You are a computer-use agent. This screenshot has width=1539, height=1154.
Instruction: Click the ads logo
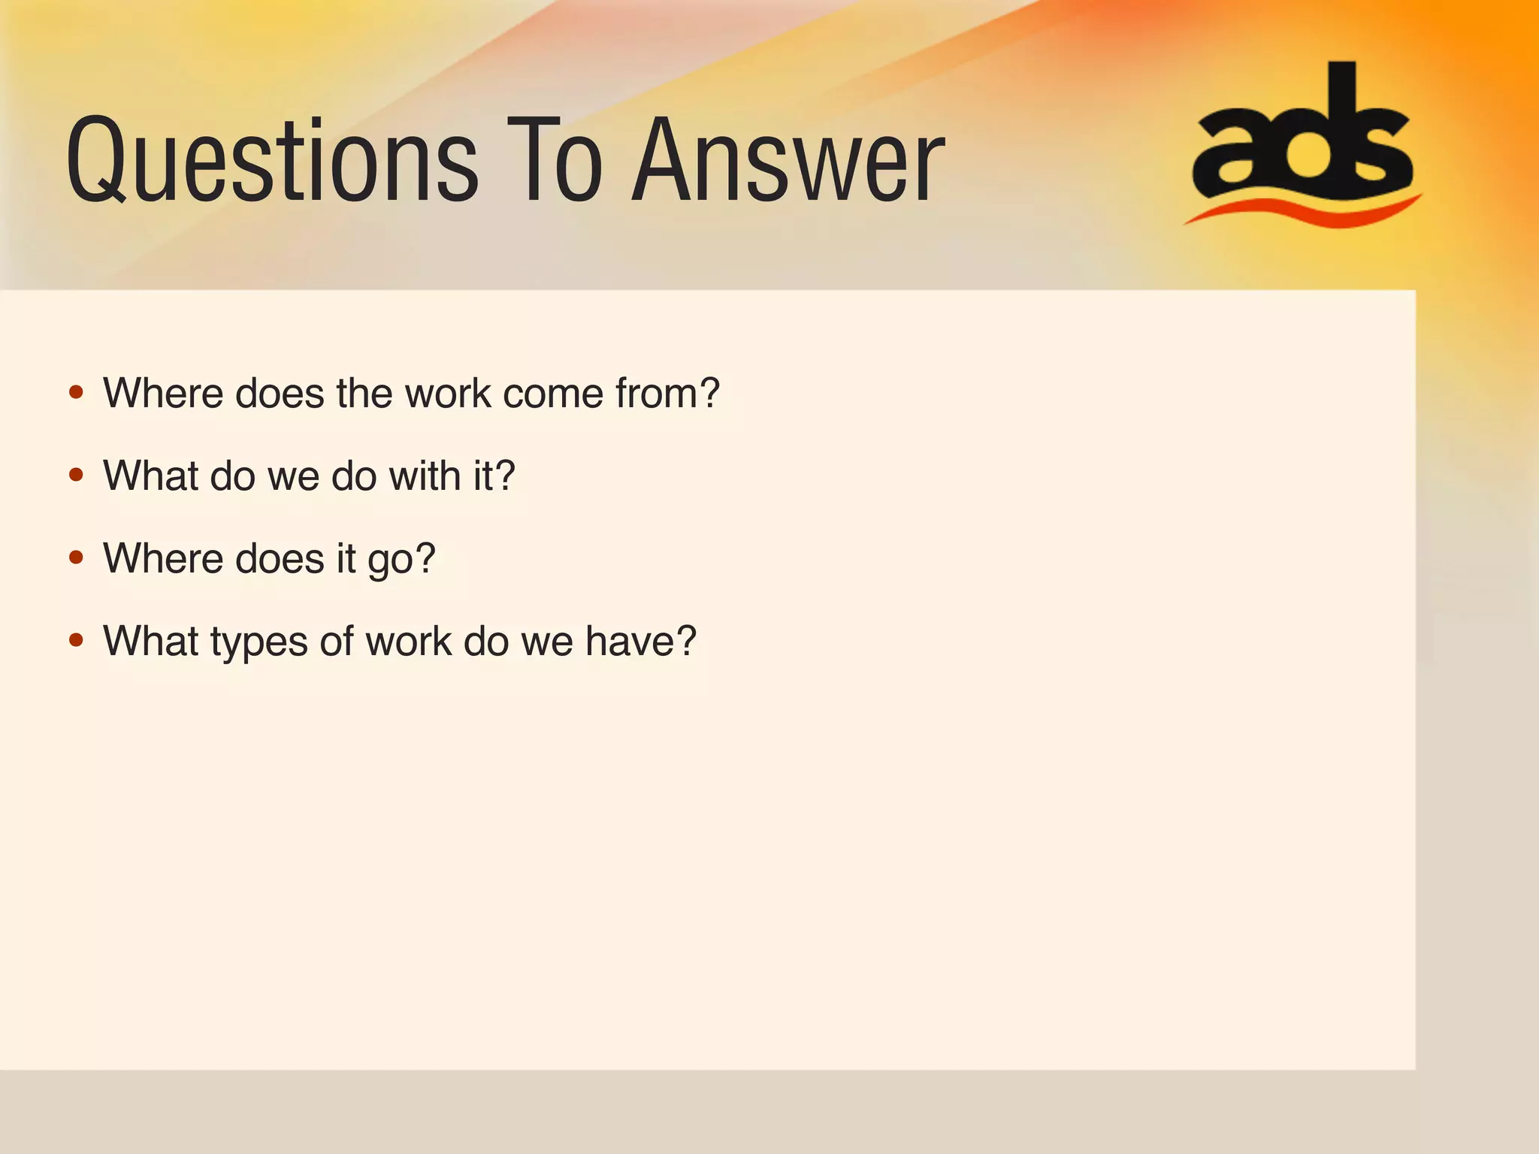(x=1302, y=135)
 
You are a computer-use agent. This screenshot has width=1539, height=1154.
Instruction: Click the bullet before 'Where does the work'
(x=76, y=392)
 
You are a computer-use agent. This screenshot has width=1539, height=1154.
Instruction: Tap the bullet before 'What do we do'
(x=76, y=475)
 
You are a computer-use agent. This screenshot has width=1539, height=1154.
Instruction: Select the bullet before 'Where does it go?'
(x=76, y=557)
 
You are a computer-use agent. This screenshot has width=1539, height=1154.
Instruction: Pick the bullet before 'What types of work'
(x=76, y=640)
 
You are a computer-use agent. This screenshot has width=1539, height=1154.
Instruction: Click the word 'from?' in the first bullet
(x=667, y=393)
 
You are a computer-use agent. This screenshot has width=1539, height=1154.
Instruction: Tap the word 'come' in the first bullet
(x=552, y=393)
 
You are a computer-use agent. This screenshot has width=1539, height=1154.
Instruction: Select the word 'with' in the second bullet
(x=425, y=476)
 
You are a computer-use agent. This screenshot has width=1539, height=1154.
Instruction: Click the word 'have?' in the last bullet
(x=640, y=641)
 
